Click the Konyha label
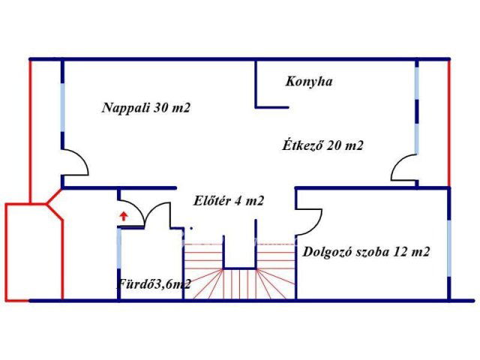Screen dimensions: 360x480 tap(308, 82)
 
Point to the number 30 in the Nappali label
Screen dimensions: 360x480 tap(162, 108)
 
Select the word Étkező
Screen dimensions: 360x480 tap(302, 146)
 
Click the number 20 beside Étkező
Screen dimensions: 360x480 tap(335, 146)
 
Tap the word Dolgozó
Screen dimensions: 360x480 tap(328, 252)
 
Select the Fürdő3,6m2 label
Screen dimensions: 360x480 tap(154, 283)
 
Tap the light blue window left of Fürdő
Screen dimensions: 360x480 tap(118, 255)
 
